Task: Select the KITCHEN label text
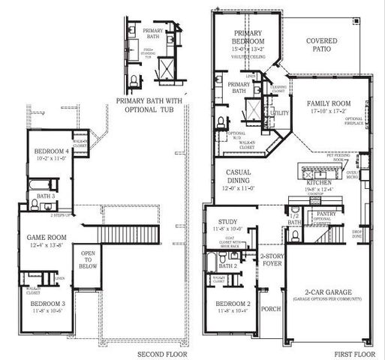click(319, 182)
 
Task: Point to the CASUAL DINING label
click(238, 176)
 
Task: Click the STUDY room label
click(227, 221)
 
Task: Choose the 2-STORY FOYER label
click(270, 259)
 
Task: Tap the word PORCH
click(269, 308)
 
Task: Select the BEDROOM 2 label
click(233, 304)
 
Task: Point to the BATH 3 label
click(46, 196)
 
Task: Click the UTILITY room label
click(279, 112)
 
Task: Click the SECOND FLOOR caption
click(162, 354)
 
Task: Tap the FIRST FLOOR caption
click(353, 354)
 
